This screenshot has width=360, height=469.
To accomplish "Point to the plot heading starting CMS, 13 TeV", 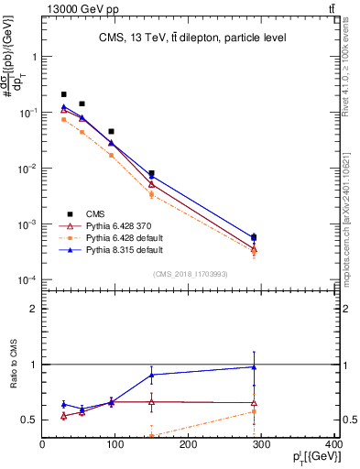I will tap(192, 38).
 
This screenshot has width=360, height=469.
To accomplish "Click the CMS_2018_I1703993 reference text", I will tap(191, 274).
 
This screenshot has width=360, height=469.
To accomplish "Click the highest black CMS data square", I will tap(64, 94).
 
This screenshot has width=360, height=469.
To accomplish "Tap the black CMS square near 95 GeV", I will tap(112, 132).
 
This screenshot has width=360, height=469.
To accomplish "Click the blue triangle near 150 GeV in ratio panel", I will tap(152, 375).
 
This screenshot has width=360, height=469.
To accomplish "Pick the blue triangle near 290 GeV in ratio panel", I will tap(254, 367).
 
